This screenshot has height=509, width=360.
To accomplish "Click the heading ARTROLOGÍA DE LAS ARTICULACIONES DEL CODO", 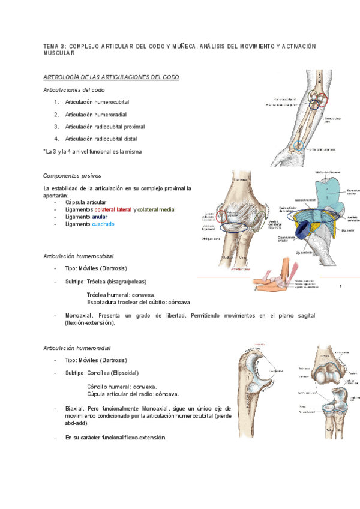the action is tap(111, 77).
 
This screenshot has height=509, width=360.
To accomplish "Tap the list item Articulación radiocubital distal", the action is tap(105, 139).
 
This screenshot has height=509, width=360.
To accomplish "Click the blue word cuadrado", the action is tap(103, 224).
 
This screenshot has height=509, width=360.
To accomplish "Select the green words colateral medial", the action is tap(157, 209).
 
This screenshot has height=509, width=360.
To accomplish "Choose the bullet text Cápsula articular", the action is tap(86, 202).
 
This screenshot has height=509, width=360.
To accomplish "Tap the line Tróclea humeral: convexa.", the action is tap(121, 295).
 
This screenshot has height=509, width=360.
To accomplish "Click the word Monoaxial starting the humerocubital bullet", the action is tap(80, 315).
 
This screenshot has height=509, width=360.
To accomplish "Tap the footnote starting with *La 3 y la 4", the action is tap(93, 152).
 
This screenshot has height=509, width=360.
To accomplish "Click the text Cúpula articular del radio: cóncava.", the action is tap(133, 394).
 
